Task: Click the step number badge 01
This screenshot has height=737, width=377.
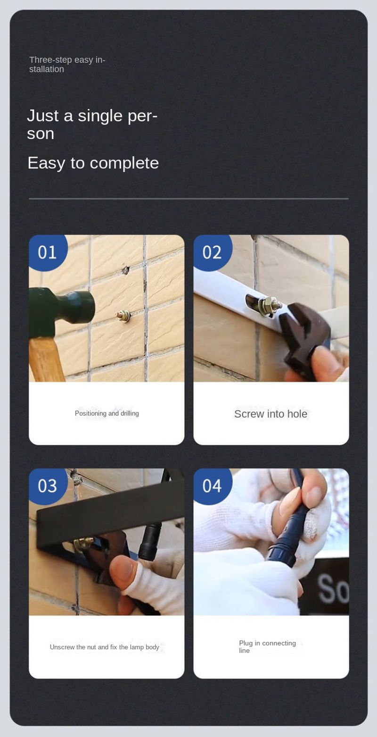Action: point(48,252)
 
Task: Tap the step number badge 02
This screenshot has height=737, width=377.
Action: point(213,252)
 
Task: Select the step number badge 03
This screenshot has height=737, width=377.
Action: point(48,486)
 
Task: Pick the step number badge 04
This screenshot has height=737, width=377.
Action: point(213,486)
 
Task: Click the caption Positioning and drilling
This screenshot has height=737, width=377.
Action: point(107,414)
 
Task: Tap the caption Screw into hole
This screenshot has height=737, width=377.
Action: point(271,414)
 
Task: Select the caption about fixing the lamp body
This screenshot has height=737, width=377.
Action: point(105,647)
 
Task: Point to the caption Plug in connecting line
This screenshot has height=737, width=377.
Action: point(267,646)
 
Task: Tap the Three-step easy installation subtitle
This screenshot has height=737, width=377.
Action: point(67,65)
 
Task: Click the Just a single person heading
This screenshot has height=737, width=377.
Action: point(92,125)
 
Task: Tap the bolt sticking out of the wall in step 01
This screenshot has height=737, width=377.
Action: point(123,316)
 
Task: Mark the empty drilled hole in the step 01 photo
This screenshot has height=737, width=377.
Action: point(125,270)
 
